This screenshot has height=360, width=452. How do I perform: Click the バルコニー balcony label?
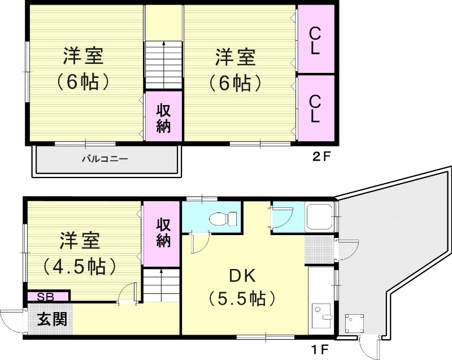tap(105, 159)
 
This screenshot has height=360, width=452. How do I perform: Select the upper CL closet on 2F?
tap(315, 40)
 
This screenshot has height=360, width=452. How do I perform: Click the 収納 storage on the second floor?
tap(163, 118)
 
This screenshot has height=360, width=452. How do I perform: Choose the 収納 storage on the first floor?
tap(163, 232)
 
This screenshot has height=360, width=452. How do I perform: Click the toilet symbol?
tap(218, 218)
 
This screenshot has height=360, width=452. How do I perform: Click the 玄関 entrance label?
tap(53, 319)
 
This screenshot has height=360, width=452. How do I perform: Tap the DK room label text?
tap(242, 276)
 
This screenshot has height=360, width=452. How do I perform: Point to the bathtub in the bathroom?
tap(320, 217)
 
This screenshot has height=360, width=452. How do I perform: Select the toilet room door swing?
tap(198, 244)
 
